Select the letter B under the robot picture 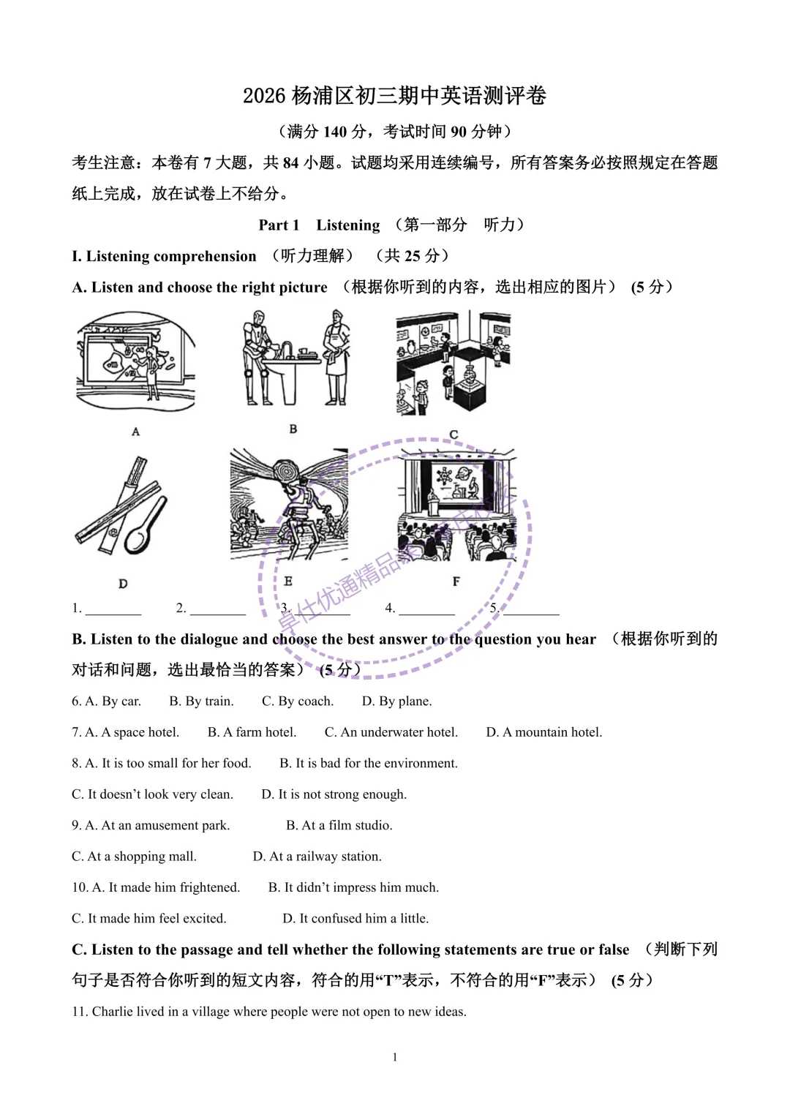(293, 429)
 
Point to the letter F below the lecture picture (456, 582)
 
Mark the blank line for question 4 (426, 609)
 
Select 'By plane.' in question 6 (405, 702)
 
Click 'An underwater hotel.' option (399, 732)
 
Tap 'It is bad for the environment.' (376, 763)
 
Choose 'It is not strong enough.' (342, 794)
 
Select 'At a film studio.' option (347, 825)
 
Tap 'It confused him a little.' (364, 919)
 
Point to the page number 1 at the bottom (395, 1057)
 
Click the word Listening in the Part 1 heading (347, 225)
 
